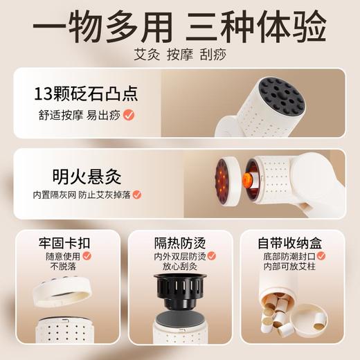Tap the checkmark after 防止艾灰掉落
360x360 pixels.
pyautogui.click(x=137, y=195)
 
